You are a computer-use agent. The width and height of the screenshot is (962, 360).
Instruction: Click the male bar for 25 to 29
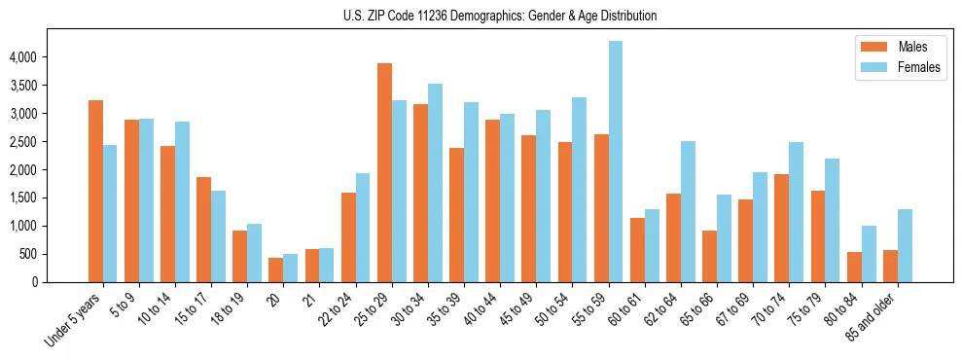(385, 172)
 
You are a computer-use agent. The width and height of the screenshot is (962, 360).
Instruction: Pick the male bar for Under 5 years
(95, 191)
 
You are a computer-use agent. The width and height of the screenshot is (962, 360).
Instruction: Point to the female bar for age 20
(291, 268)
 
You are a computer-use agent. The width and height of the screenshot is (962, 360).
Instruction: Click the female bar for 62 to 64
(689, 211)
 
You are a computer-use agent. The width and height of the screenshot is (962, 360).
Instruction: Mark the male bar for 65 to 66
(710, 256)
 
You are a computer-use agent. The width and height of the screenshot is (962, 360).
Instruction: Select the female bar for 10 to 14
(183, 201)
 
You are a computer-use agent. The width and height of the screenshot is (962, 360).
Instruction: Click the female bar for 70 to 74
(797, 212)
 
